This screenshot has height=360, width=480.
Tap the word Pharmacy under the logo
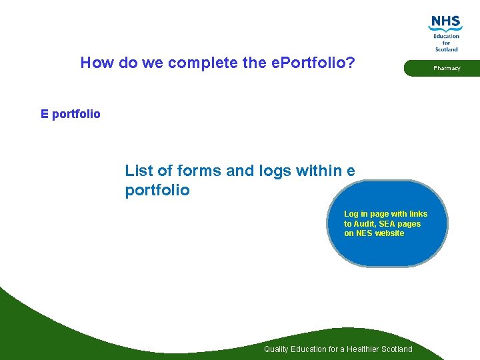click(x=447, y=68)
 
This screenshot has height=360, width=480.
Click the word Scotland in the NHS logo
click(x=446, y=49)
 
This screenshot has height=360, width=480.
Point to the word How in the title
click(x=95, y=63)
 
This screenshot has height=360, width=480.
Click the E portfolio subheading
click(x=70, y=114)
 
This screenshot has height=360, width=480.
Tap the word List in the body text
click(x=139, y=171)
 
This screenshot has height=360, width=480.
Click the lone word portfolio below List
click(x=157, y=191)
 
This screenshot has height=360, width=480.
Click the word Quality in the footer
click(x=276, y=349)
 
